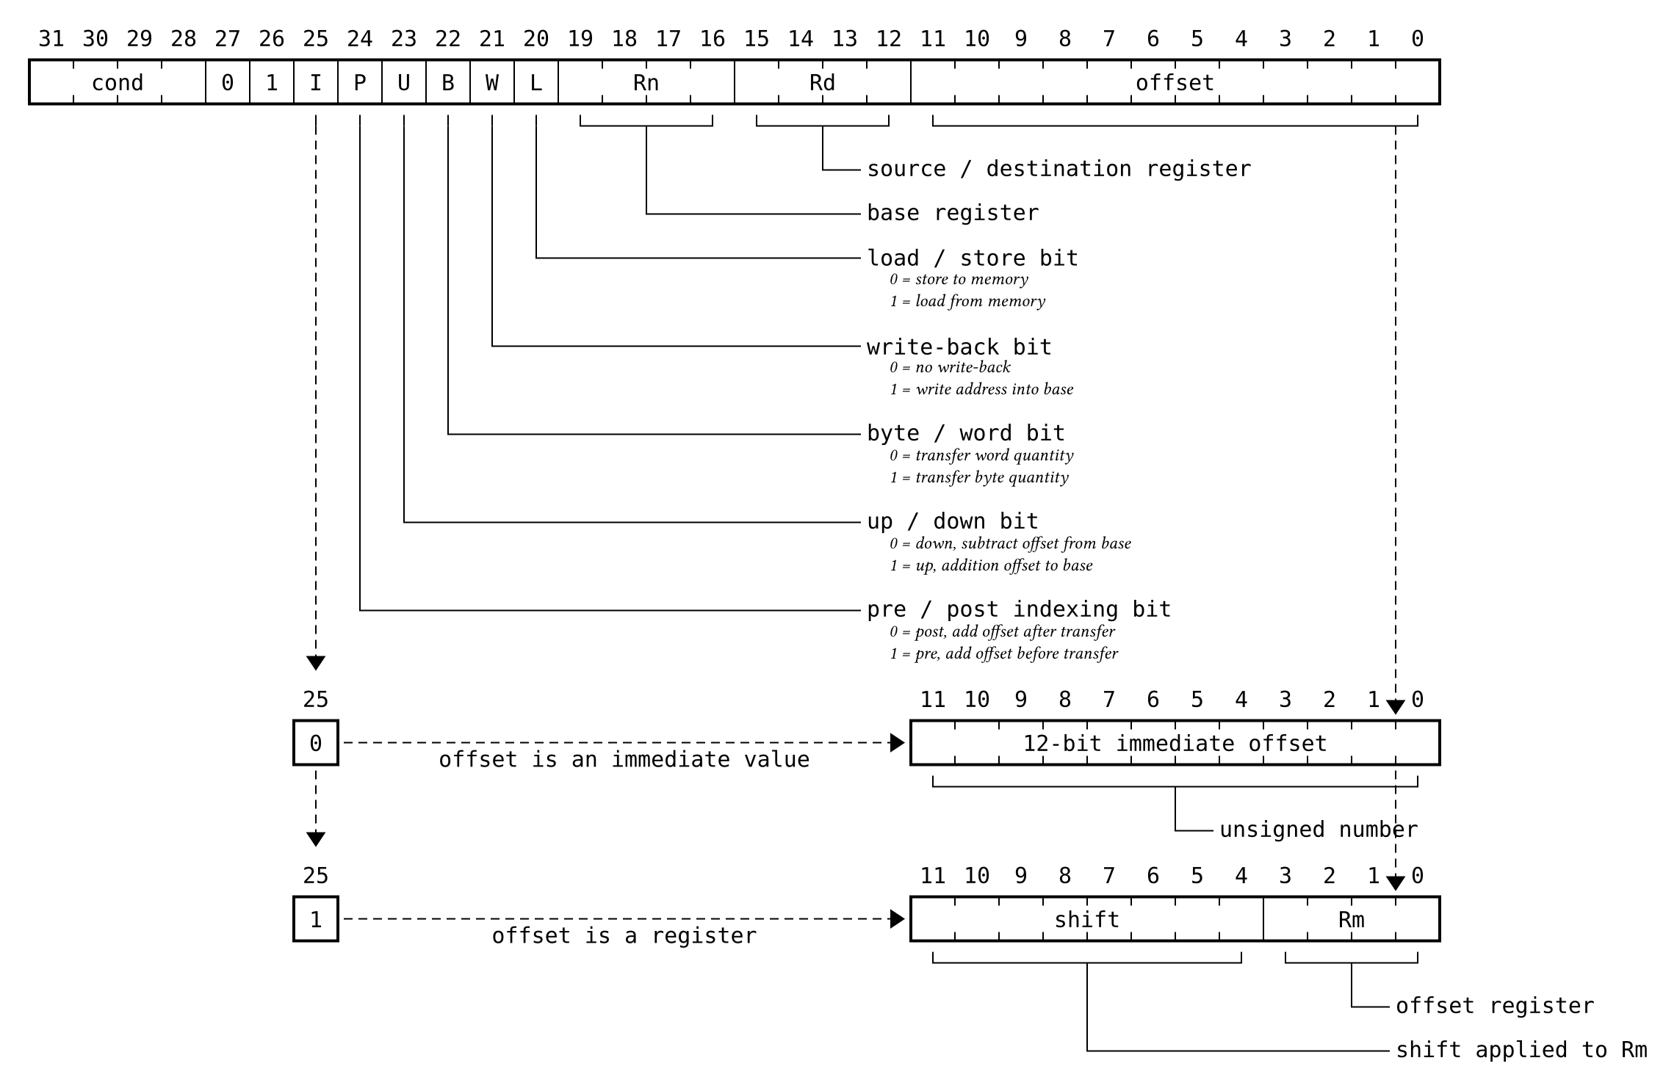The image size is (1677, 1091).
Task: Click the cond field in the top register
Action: click(118, 82)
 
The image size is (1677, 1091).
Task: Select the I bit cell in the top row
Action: click(316, 82)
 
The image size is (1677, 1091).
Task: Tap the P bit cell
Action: click(360, 82)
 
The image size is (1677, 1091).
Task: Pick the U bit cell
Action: click(404, 82)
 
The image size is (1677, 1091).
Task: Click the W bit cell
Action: click(492, 82)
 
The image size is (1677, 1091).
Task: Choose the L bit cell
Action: click(536, 82)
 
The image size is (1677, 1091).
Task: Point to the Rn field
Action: click(646, 82)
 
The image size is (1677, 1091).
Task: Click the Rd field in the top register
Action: click(823, 82)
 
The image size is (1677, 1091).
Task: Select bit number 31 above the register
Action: click(51, 39)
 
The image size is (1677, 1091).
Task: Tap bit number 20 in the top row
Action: click(536, 39)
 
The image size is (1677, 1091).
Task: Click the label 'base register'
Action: click(953, 213)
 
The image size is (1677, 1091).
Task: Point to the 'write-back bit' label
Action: click(959, 347)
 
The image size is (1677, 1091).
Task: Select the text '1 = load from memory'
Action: click(967, 301)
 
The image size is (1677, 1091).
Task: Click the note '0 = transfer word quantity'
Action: click(981, 455)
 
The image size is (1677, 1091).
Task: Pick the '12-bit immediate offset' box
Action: click(1175, 743)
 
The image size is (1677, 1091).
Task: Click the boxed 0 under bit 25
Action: click(316, 743)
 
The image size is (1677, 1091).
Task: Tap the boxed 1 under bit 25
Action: click(316, 919)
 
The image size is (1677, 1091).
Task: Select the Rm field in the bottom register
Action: click(1352, 919)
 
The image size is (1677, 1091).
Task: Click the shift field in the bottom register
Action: click(1087, 919)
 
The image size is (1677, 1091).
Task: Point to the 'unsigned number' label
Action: click(1319, 830)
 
